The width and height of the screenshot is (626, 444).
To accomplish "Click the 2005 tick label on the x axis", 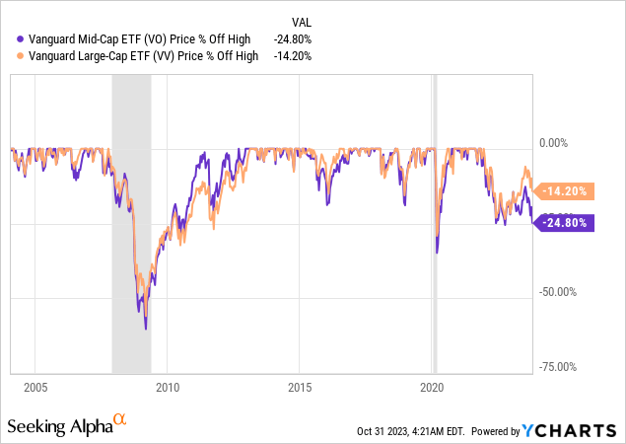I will click(35, 386).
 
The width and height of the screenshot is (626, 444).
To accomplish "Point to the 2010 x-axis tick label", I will click(168, 386).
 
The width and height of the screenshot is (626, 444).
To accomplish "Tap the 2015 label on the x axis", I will click(301, 386).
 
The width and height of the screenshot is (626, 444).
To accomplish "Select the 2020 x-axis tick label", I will click(434, 386).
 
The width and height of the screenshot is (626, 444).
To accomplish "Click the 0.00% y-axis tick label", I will click(556, 142).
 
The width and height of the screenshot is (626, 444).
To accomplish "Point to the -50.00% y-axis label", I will click(559, 292).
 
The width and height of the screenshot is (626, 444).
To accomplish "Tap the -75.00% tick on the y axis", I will click(559, 367).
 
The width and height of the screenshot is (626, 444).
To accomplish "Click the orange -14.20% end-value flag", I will click(566, 190).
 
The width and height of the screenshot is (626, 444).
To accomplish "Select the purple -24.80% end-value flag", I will click(566, 223).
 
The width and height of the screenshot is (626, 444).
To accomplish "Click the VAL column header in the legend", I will click(303, 22).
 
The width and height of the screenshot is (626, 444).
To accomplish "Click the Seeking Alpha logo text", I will click(57, 425).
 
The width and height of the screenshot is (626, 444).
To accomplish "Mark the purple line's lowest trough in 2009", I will click(146, 329).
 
